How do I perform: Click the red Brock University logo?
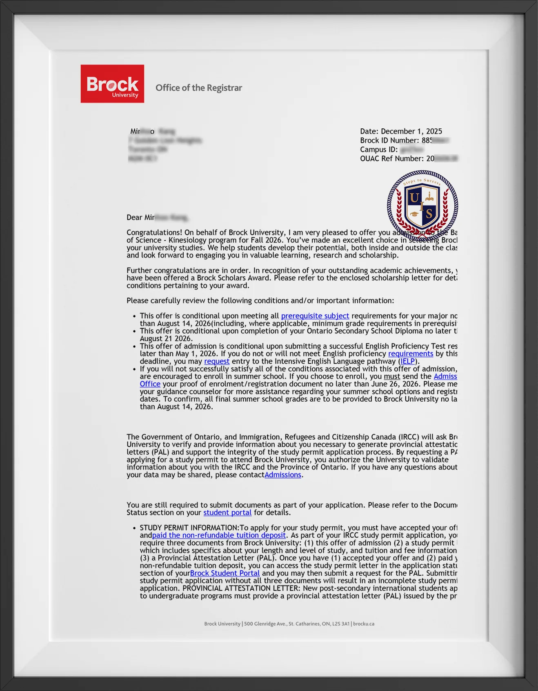pos(112,84)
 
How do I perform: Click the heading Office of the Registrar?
pos(198,88)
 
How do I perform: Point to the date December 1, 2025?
pos(411,131)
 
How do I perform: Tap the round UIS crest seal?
pos(422,205)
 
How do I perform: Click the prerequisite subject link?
pos(315,316)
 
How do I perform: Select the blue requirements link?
pos(410,353)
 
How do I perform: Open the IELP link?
pos(407,361)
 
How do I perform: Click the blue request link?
pos(216,361)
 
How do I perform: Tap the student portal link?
pos(227,512)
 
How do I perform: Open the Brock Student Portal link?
pos(225,573)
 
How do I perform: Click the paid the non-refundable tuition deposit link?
pos(219,535)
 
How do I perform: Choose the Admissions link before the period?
pos(282,475)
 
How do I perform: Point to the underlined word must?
pos(391,376)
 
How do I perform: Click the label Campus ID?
pos(378,150)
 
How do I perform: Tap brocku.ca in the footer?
pos(363,624)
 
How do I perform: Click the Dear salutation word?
pos(134,217)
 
